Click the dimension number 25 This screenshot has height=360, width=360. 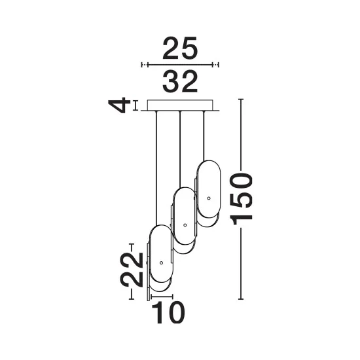point(180,48)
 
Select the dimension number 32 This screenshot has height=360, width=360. point(180,82)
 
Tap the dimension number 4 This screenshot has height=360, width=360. point(117,105)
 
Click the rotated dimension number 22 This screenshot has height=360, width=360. point(132,270)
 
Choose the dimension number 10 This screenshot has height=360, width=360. point(168,312)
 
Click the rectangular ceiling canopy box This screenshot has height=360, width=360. point(180,105)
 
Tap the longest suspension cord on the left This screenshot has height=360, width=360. point(156,168)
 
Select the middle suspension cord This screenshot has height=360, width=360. point(180,149)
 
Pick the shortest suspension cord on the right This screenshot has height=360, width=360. point(204,136)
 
